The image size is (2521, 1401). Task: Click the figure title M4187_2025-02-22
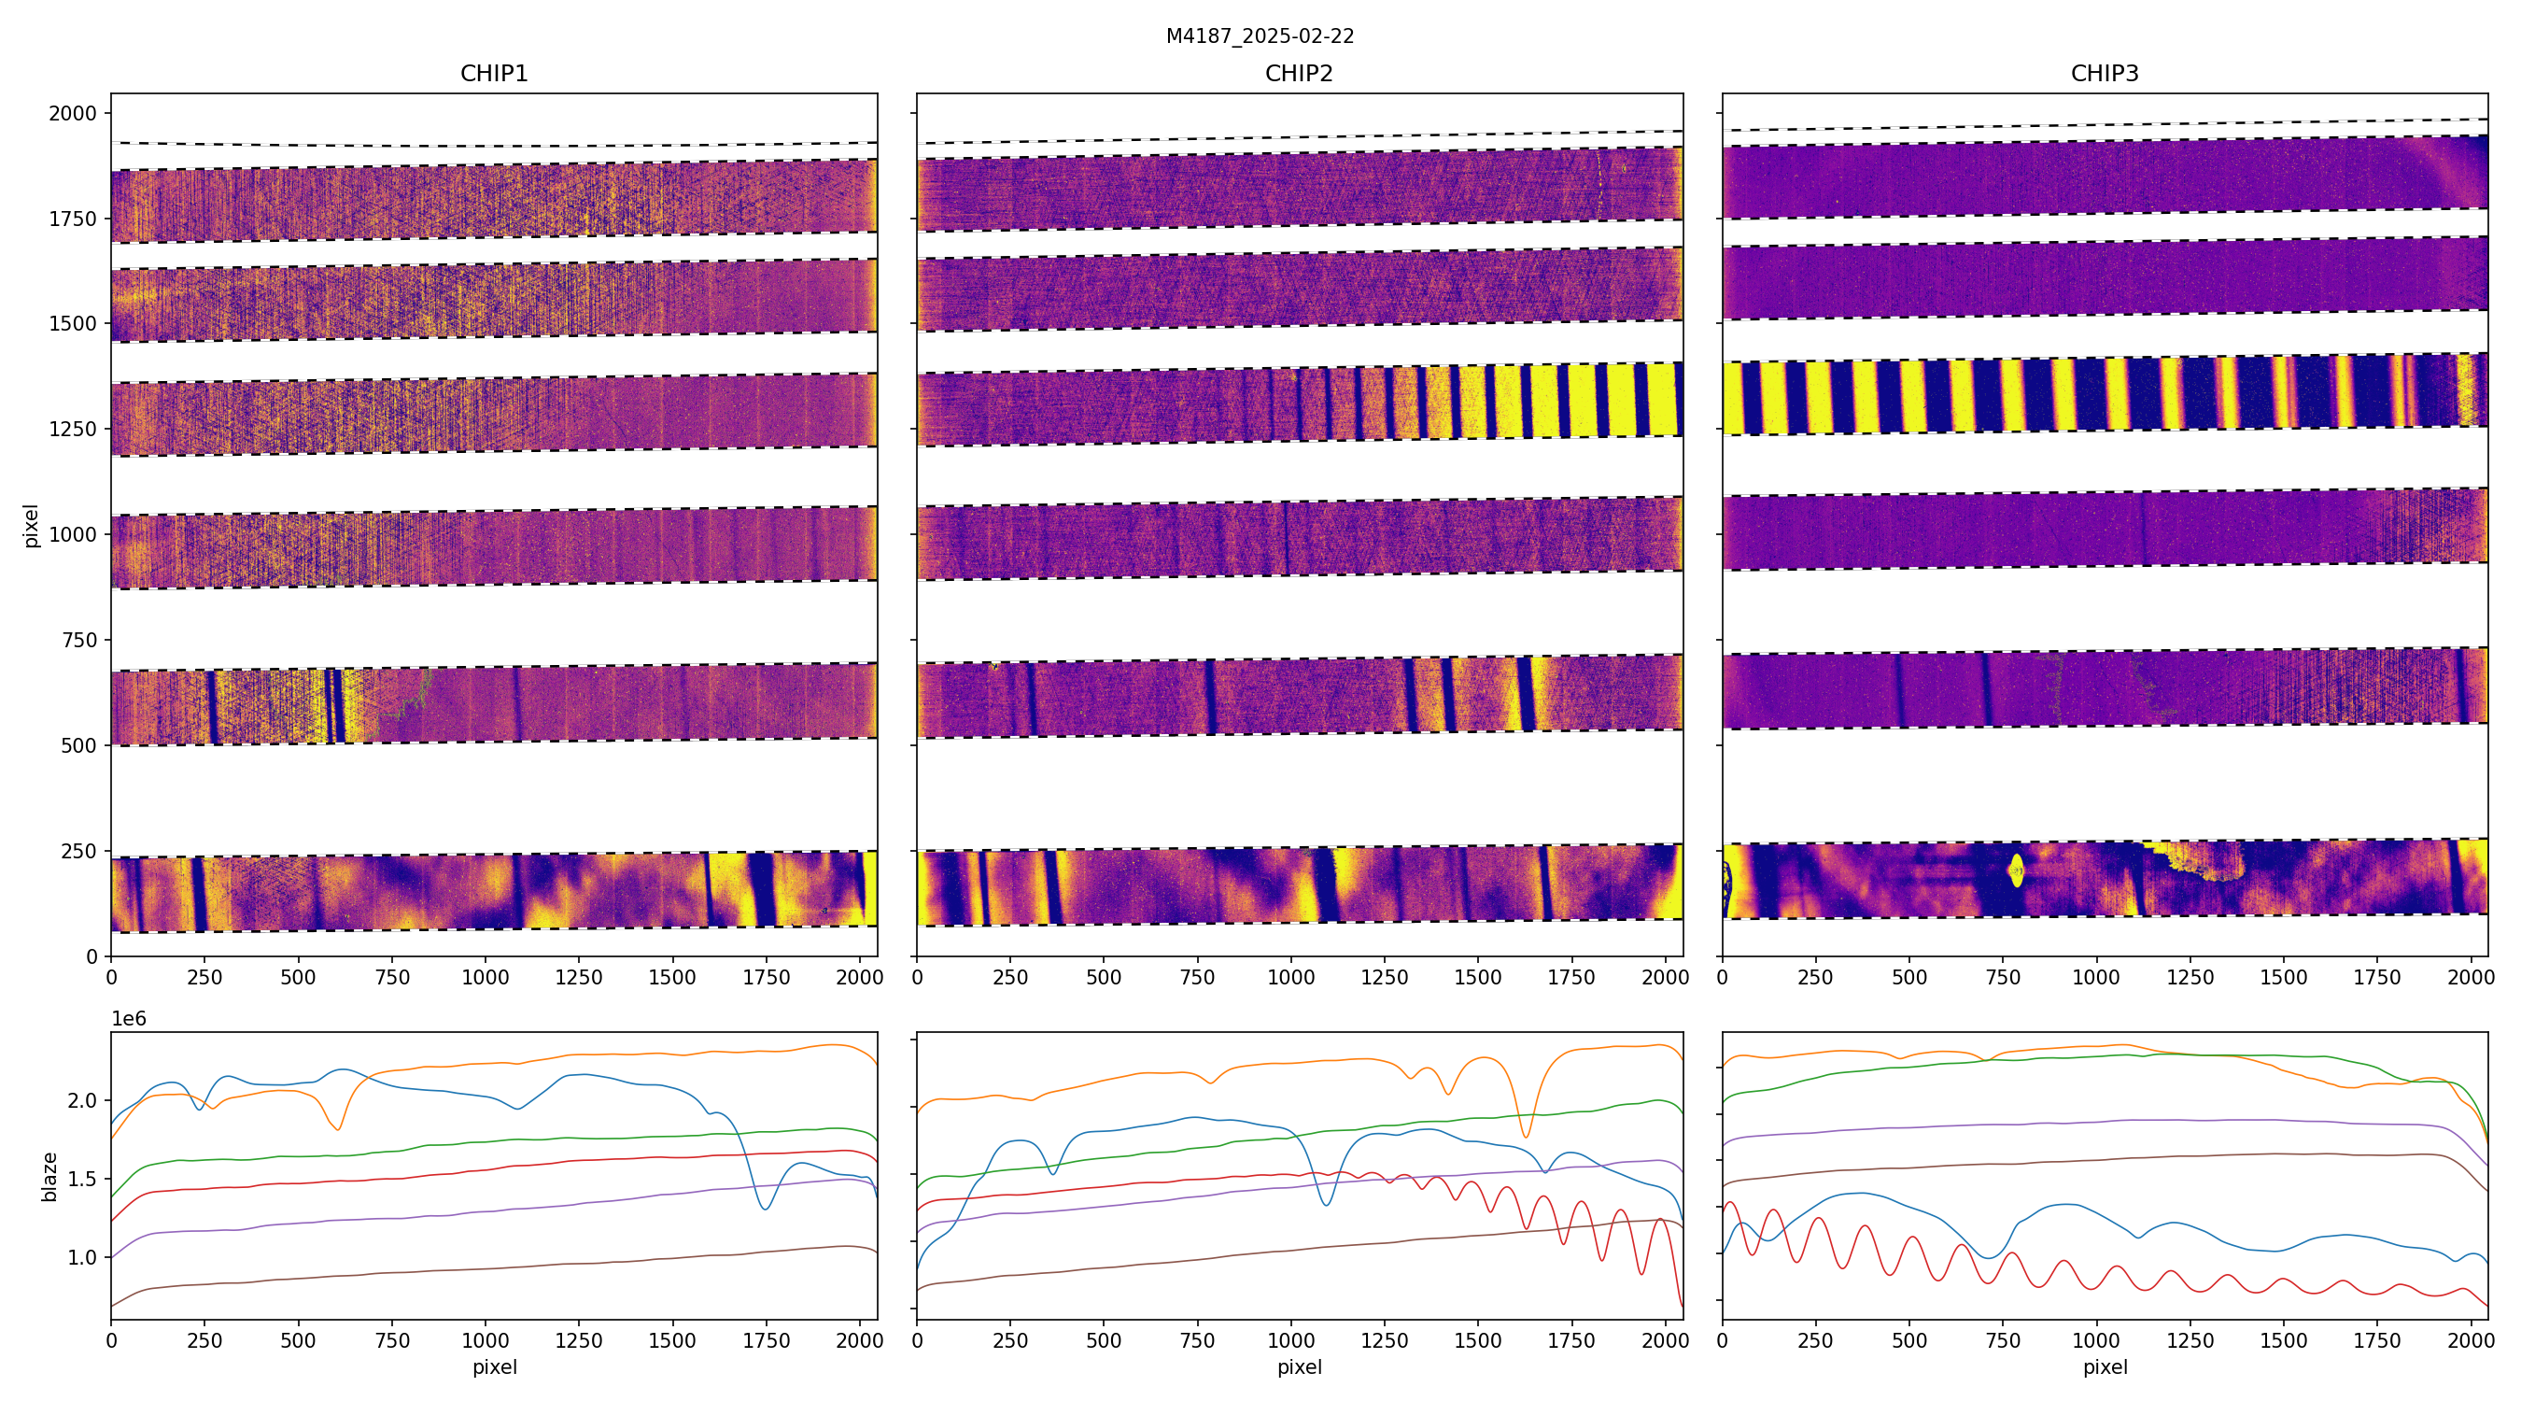(1260, 36)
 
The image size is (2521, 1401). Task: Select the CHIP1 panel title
(494, 74)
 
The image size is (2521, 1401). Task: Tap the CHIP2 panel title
(1299, 74)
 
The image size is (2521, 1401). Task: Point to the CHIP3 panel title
(2104, 74)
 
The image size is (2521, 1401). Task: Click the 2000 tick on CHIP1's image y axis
(74, 114)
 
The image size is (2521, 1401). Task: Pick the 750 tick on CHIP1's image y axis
(79, 641)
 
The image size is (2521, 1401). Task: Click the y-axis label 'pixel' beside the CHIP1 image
(32, 526)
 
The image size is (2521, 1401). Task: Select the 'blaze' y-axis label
(49, 1177)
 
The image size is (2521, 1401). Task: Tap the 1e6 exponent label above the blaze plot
(129, 1019)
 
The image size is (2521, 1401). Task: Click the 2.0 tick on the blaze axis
(82, 1100)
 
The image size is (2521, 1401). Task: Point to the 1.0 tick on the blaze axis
(82, 1257)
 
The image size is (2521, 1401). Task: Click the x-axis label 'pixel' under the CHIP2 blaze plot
(1299, 1366)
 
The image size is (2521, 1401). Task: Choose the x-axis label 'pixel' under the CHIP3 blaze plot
(2104, 1366)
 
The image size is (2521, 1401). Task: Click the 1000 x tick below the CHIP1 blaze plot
(486, 1340)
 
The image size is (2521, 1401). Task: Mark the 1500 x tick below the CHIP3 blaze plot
(2283, 1340)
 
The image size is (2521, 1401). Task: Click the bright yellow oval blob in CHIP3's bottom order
(2016, 870)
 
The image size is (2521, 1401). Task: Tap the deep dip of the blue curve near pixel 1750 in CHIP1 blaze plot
(765, 1209)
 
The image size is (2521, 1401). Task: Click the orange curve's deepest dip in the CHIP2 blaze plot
(1526, 1136)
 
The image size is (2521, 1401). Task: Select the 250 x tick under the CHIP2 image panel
(1010, 977)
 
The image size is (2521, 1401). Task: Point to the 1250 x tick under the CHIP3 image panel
(2190, 977)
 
